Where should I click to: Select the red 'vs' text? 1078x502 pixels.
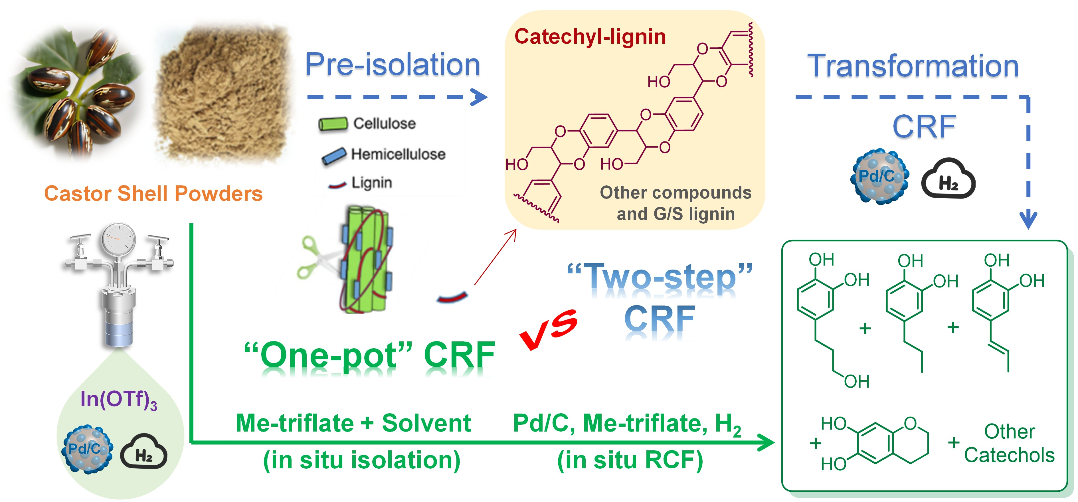tap(548, 328)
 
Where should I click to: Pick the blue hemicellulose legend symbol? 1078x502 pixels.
tap(334, 155)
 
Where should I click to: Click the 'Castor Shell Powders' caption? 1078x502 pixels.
tap(153, 194)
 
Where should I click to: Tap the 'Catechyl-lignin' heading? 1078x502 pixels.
tap(590, 37)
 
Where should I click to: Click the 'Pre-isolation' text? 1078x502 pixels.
tap(392, 64)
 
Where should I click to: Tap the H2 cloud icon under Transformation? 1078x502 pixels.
tap(948, 179)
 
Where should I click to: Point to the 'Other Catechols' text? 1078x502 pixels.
tap(1009, 444)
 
